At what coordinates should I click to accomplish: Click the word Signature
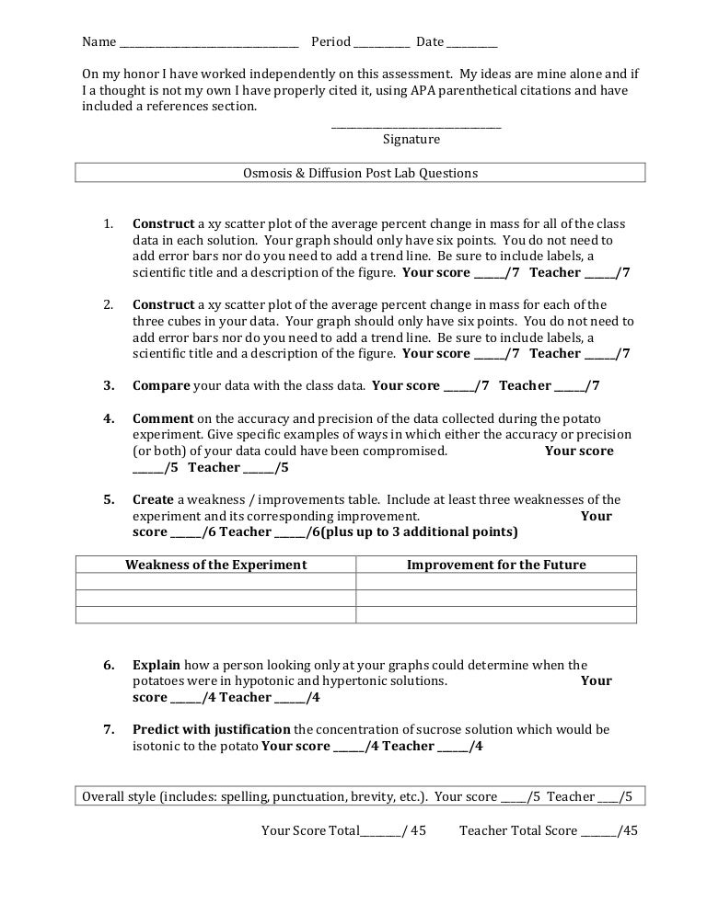(411, 140)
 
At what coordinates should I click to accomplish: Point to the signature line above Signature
(416, 126)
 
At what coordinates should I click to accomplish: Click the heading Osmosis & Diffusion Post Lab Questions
(360, 173)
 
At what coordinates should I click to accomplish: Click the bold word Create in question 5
(153, 500)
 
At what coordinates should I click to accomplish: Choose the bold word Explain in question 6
(156, 665)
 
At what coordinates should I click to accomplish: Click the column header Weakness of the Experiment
(215, 565)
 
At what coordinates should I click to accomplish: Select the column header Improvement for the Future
(496, 565)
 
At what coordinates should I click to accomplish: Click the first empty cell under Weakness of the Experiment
(215, 582)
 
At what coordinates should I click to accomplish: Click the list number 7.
(108, 730)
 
